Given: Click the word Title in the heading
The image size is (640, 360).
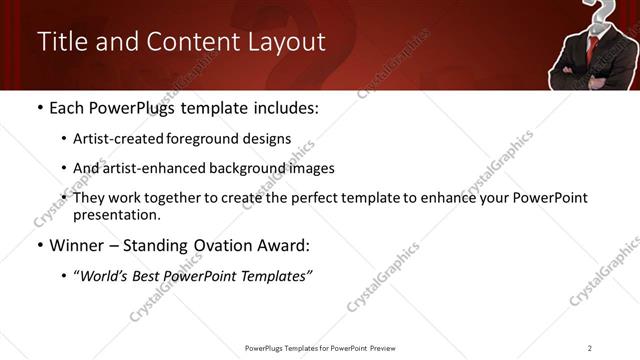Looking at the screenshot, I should point(60,42).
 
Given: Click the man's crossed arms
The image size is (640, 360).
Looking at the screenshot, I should point(590,75).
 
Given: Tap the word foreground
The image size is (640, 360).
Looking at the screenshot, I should point(199,139).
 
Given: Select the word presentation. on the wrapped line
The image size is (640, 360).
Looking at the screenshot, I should point(116,215).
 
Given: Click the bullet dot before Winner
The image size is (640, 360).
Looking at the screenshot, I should point(39,245).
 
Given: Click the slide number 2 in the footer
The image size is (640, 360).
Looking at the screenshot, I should point(590,347).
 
